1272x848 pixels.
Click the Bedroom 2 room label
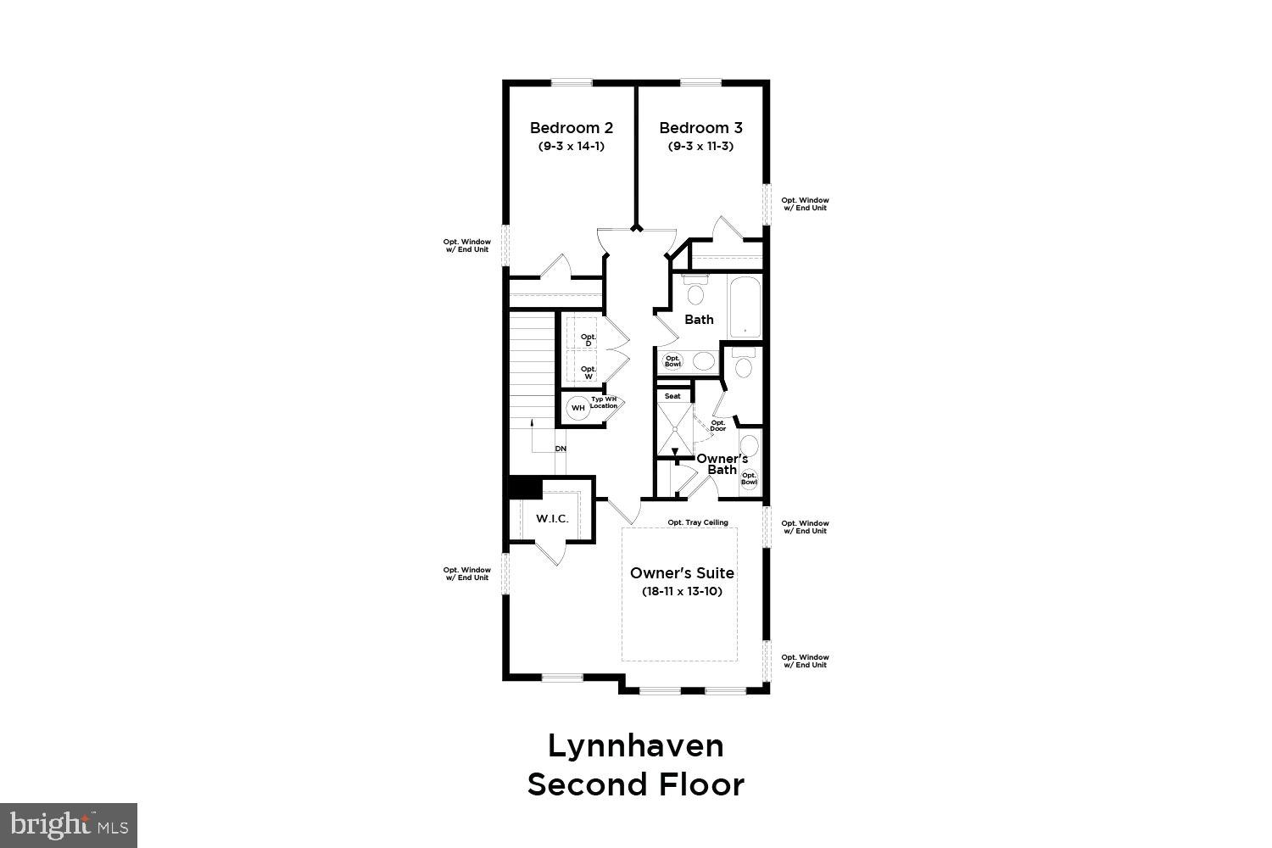571,128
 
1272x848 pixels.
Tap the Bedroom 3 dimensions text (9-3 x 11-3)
700,146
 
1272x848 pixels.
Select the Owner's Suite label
682,573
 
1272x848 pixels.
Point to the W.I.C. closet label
552,519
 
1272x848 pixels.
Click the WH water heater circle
578,408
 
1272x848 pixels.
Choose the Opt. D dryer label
588,340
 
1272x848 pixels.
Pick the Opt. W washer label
588,371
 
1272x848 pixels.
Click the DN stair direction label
561,449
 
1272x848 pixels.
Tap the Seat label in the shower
672,396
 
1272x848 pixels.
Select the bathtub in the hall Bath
745,307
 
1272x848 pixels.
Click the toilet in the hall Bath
695,293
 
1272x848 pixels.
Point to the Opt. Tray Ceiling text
698,522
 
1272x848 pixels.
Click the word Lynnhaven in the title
636,746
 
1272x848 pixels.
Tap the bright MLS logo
69,823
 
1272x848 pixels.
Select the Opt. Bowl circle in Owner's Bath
749,478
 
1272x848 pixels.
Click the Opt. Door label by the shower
718,426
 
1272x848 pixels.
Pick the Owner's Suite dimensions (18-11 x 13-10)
682,591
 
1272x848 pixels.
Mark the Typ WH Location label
605,403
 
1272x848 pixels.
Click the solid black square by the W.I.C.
524,488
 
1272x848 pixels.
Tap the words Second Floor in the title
636,784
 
